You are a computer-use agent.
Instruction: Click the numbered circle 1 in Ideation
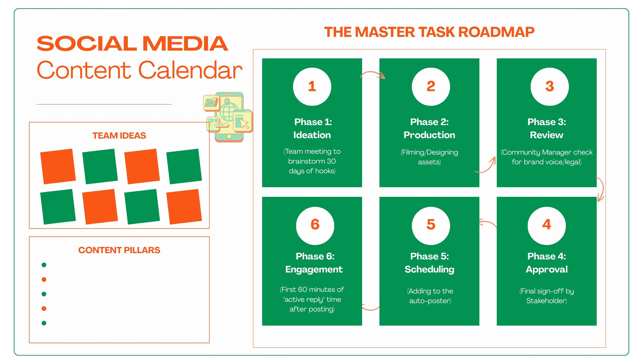(x=312, y=86)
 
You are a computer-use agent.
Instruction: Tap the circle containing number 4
(x=546, y=226)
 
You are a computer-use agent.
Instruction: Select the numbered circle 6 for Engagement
(x=315, y=226)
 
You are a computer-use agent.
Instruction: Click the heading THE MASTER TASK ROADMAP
(x=429, y=32)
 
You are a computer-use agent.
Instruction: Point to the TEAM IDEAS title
(x=119, y=136)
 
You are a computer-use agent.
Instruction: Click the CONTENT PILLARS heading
(x=119, y=250)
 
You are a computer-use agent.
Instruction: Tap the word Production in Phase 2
(x=429, y=135)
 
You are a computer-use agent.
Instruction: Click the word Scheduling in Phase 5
(x=430, y=270)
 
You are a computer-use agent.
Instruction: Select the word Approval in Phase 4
(x=546, y=270)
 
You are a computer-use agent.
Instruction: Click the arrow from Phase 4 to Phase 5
(x=488, y=222)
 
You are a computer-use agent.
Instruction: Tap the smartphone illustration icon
(x=228, y=117)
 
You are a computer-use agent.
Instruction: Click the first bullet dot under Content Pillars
(x=44, y=265)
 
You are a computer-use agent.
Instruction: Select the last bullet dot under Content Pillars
(x=44, y=323)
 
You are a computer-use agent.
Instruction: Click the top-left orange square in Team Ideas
(x=58, y=166)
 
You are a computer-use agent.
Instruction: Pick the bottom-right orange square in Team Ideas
(x=184, y=206)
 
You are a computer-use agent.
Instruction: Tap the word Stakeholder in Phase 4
(x=546, y=300)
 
